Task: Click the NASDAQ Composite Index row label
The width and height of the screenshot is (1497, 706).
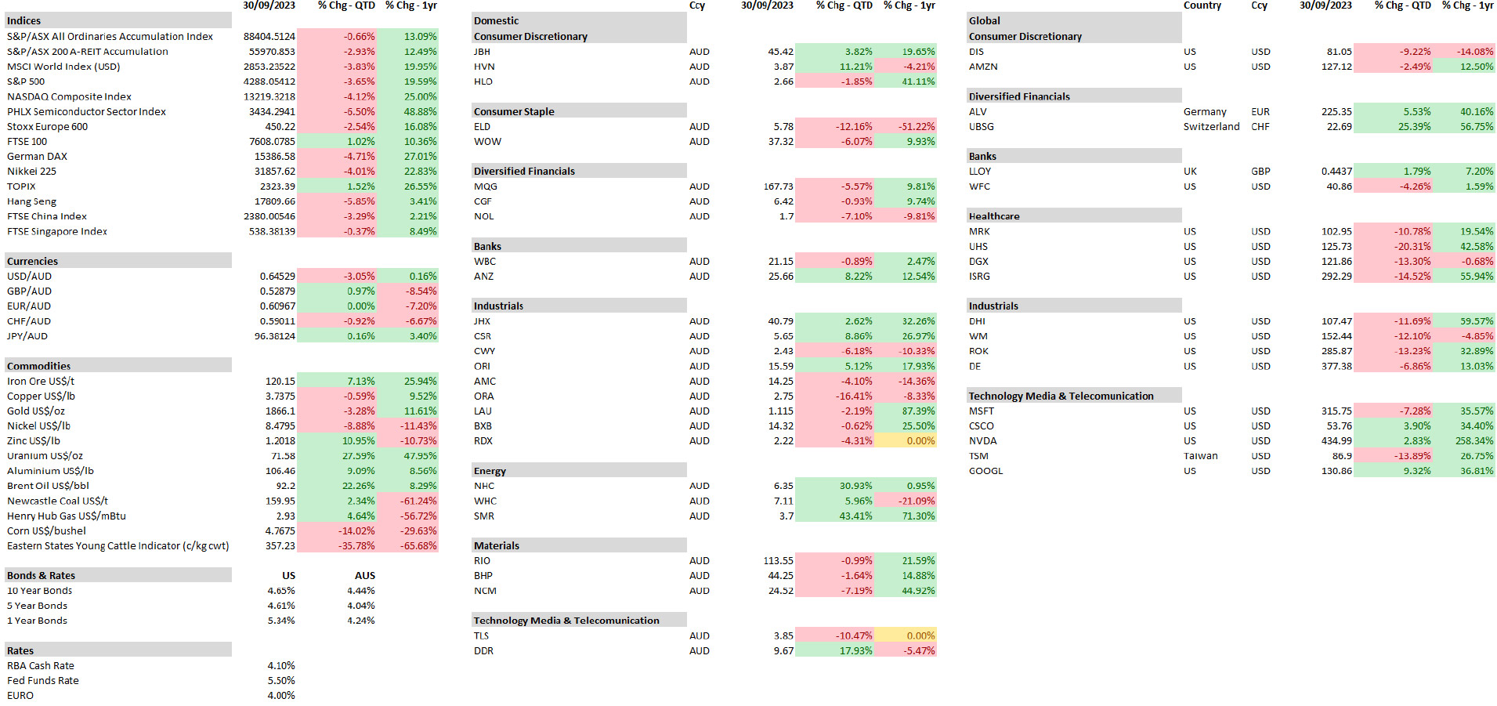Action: [x=69, y=96]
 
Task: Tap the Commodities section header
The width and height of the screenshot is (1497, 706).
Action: [x=39, y=366]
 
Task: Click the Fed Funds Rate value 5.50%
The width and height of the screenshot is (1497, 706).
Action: [x=280, y=681]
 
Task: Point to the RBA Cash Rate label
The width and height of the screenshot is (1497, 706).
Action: [x=41, y=666]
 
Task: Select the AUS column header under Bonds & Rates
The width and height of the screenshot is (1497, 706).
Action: [x=364, y=576]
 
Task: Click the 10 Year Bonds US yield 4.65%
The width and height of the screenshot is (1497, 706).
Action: [x=280, y=591]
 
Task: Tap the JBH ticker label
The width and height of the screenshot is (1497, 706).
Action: [x=482, y=52]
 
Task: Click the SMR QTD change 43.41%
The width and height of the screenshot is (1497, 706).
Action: [x=855, y=516]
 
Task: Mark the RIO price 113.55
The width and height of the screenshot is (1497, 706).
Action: [x=778, y=561]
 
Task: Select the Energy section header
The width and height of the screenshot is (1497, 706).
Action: [x=490, y=471]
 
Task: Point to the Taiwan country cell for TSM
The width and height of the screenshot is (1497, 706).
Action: [x=1200, y=456]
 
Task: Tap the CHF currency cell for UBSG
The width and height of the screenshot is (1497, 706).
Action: [x=1260, y=127]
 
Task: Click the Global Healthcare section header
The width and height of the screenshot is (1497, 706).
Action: [x=993, y=216]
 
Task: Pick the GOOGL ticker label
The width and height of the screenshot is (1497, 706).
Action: [x=985, y=471]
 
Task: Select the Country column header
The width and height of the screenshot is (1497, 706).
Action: [x=1202, y=5]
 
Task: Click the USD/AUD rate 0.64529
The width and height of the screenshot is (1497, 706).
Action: [x=277, y=277]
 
